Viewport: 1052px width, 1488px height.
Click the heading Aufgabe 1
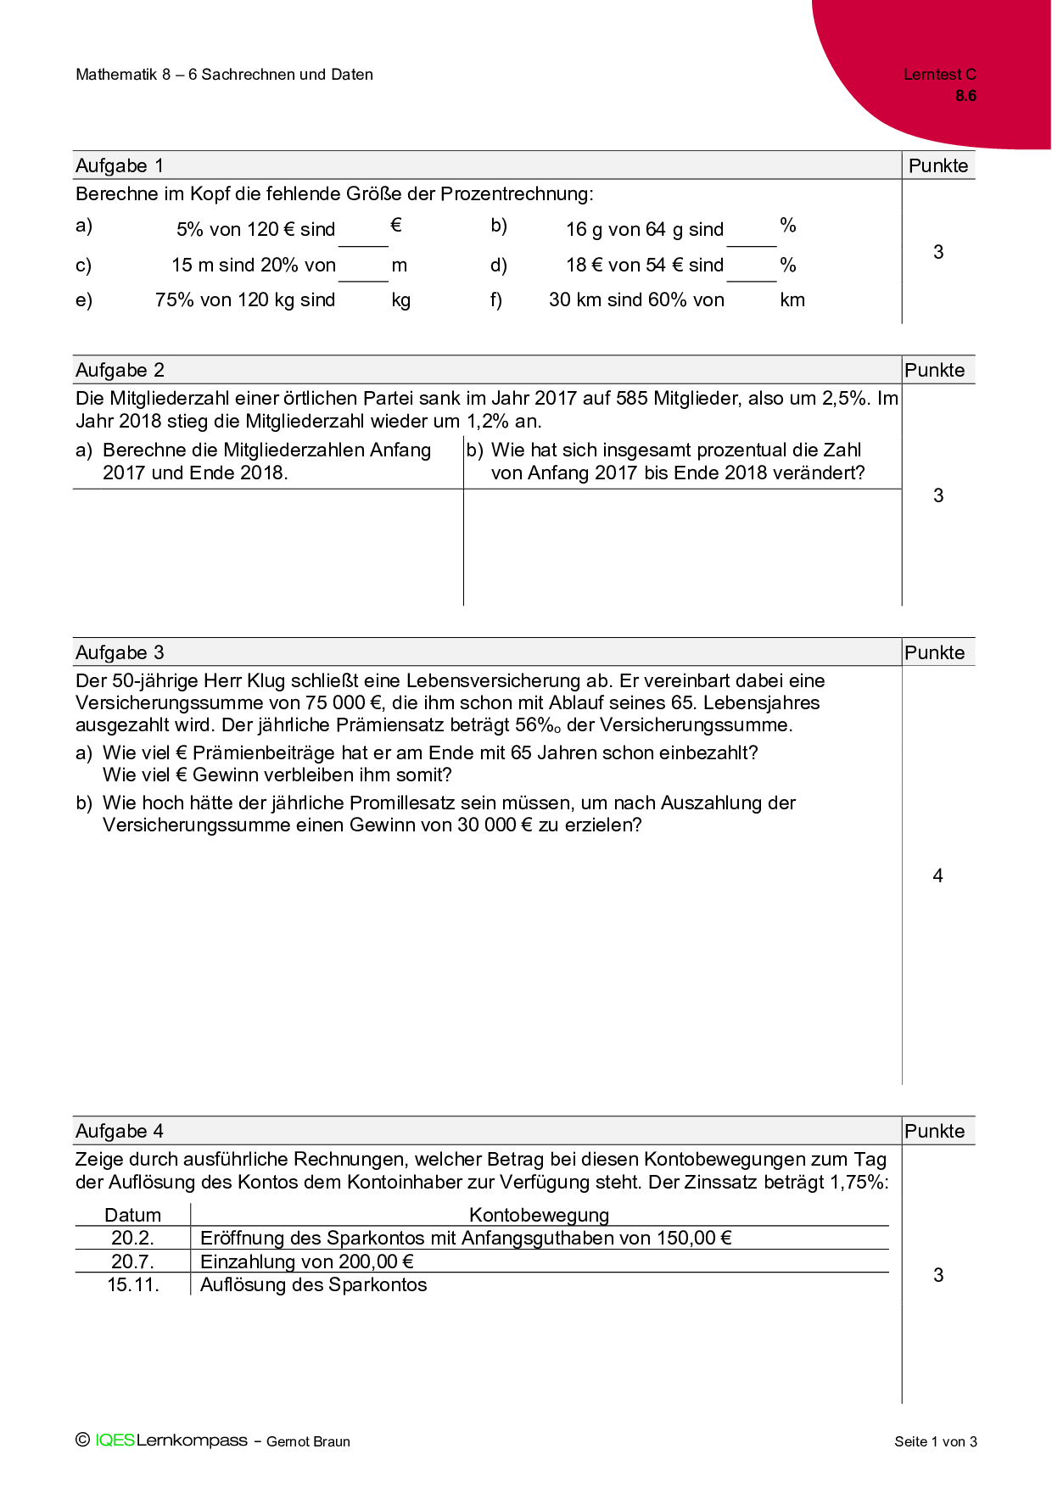tap(120, 165)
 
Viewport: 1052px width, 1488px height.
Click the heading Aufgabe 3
tap(120, 652)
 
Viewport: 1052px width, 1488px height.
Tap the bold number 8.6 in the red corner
tap(965, 96)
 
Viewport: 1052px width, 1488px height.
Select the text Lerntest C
tap(939, 75)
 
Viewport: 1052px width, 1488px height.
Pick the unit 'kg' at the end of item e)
tap(401, 300)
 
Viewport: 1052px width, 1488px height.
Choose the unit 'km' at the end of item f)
tap(792, 300)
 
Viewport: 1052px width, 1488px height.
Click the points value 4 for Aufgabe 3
tap(937, 875)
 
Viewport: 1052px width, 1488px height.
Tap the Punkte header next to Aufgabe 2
tap(935, 370)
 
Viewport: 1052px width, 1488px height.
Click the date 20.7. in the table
tap(132, 1261)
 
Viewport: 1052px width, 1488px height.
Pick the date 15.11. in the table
tap(133, 1284)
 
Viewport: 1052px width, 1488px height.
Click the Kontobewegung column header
tap(539, 1215)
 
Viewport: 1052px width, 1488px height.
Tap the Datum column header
tap(132, 1215)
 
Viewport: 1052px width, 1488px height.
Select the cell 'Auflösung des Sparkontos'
tap(313, 1284)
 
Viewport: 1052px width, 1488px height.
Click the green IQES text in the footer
tap(115, 1440)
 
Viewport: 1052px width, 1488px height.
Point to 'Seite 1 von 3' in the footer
tap(935, 1441)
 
